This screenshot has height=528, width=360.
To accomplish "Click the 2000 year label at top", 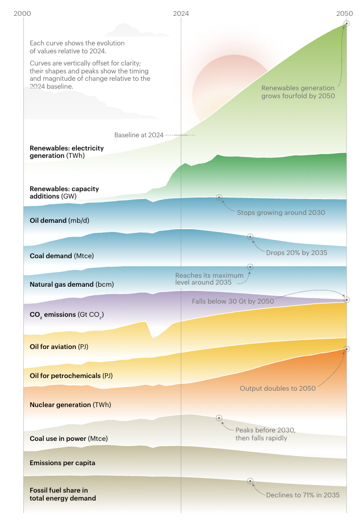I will pyautogui.click(x=23, y=14).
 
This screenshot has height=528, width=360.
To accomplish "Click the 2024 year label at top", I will pyautogui.click(x=181, y=14).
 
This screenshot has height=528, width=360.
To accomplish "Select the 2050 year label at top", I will pyautogui.click(x=345, y=14).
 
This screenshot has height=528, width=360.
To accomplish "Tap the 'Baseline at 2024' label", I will pyautogui.click(x=139, y=135).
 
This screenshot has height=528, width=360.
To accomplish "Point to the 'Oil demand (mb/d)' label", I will pyautogui.click(x=59, y=220).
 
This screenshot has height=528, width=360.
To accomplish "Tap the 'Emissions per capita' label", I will pyautogui.click(x=62, y=463).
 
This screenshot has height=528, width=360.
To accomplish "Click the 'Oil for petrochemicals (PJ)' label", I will pyautogui.click(x=71, y=376).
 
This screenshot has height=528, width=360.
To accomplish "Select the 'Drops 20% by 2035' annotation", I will pyautogui.click(x=296, y=253).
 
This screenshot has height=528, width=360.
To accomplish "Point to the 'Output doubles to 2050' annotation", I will pyautogui.click(x=278, y=389).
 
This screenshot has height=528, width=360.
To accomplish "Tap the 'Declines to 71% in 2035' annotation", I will pyautogui.click(x=302, y=495).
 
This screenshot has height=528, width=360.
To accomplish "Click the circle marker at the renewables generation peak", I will pyautogui.click(x=347, y=23).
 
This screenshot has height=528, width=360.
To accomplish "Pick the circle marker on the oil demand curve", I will pyautogui.click(x=219, y=197).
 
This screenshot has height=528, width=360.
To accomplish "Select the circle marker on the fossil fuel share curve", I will pyautogui.click(x=250, y=481).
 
